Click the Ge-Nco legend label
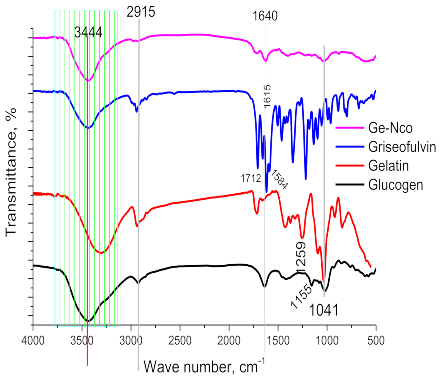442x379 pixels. [390, 128]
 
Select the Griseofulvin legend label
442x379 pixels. [402, 147]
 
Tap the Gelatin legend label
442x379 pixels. [388, 166]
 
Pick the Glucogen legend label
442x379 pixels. [395, 185]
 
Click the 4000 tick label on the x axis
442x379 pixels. [33, 340]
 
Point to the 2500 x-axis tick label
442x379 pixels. [180, 340]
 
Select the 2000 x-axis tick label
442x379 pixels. [229, 340]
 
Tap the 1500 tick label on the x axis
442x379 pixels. [278, 340]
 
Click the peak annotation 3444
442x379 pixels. [88, 32]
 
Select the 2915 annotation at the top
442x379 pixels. [141, 12]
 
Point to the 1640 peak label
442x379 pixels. [265, 16]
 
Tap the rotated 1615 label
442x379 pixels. [267, 96]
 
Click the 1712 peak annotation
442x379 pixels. [251, 179]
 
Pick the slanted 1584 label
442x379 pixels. [279, 179]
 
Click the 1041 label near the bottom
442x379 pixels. [324, 310]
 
